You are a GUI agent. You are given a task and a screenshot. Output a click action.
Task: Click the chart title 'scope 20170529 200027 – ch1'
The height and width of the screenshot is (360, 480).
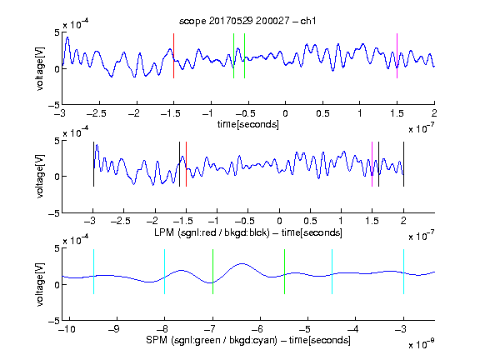(247, 21)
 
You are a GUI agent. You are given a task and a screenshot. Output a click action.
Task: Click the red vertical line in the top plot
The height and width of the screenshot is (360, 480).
(173, 56)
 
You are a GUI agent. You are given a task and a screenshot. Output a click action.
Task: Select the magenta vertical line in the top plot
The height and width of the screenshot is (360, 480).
(397, 56)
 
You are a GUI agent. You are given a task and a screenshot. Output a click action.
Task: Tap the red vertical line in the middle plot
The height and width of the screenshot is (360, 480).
(186, 164)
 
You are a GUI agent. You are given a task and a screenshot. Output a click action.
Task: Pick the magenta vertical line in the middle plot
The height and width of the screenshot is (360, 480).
(372, 164)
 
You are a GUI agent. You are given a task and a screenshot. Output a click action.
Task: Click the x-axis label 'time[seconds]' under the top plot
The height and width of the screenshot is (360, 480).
(248, 124)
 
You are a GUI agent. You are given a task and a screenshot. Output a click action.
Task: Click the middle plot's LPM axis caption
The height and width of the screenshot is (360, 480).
(248, 232)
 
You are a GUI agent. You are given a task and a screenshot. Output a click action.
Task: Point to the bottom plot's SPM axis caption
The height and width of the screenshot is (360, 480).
(248, 340)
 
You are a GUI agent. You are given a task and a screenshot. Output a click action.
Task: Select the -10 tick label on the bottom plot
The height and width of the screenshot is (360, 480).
(67, 329)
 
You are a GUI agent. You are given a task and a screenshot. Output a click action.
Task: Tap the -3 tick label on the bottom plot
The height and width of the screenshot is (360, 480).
(402, 329)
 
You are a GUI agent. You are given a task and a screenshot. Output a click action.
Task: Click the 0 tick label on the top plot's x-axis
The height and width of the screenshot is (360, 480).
(285, 113)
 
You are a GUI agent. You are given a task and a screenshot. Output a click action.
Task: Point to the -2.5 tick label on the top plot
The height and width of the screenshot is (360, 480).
(97, 113)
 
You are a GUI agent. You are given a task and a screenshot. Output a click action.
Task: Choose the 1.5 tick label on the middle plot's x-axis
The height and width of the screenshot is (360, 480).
(372, 221)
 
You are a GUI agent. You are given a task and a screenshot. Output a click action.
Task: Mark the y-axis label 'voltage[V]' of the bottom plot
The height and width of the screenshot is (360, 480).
(40, 284)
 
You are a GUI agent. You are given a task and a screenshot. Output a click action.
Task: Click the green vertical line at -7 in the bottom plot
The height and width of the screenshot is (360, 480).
(212, 272)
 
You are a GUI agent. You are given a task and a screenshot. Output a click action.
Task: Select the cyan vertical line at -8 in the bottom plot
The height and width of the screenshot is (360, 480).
(165, 272)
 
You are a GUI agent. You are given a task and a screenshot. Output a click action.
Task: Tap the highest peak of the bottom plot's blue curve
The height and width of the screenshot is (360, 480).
(242, 263)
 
